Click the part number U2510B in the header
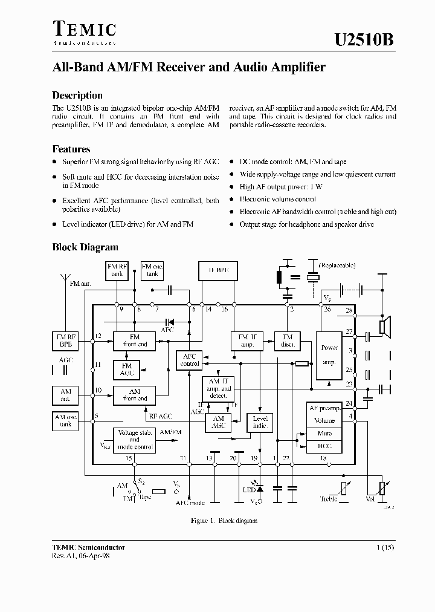click(364, 40)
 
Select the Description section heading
click(77, 95)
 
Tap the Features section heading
click(71, 149)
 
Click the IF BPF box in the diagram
click(218, 271)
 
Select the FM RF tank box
click(117, 270)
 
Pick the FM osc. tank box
click(152, 270)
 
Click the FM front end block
click(134, 340)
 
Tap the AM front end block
click(134, 396)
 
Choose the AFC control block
click(190, 360)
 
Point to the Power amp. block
click(329, 356)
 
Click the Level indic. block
click(260, 422)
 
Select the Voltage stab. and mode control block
click(134, 440)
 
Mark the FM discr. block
click(288, 340)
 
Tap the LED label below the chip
click(248, 489)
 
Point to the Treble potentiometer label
click(329, 499)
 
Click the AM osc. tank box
click(66, 420)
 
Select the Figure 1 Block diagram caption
click(215, 520)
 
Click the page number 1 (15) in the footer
click(385, 547)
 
